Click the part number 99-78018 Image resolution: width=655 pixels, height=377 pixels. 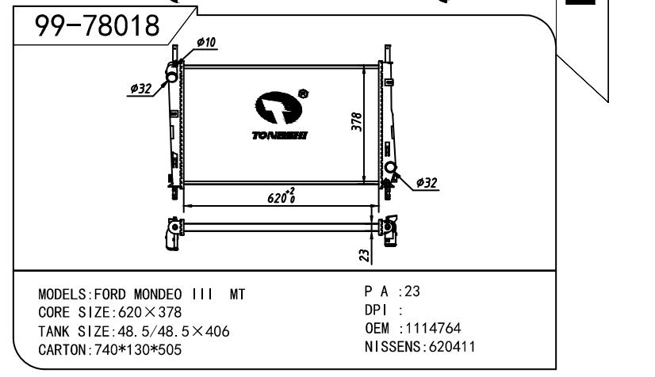coord(97,25)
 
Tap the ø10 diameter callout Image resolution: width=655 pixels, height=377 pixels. coord(206,42)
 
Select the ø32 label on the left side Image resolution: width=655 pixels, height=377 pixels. coord(141,89)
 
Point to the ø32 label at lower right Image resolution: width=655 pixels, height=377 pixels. coord(427,183)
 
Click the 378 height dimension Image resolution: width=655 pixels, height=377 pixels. coord(357,122)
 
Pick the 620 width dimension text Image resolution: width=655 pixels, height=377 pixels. coord(282,196)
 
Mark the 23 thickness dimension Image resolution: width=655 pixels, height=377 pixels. coord(364,255)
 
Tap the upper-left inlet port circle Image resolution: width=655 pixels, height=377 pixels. coord(172,77)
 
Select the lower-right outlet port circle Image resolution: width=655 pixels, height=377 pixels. coord(390,167)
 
